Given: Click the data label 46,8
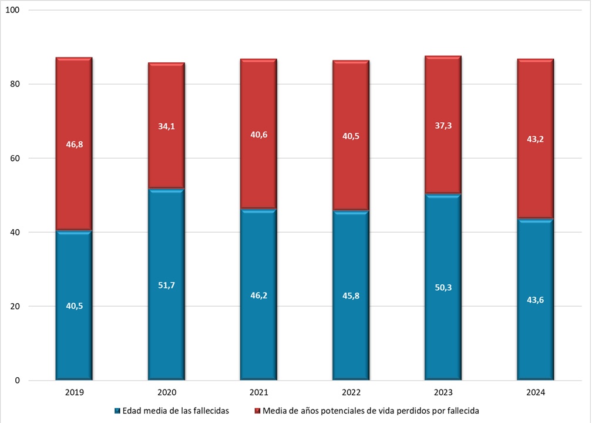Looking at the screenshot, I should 74,144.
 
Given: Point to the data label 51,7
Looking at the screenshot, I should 166,286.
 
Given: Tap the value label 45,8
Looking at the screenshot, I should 351,296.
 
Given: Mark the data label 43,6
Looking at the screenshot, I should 535,300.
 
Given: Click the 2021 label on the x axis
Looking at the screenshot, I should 258,392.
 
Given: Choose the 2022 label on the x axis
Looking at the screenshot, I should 351,392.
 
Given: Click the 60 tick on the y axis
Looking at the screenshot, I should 15,159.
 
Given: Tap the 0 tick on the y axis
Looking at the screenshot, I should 17,381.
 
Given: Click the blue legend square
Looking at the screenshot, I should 117,411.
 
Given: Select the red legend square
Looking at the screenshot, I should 257,411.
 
